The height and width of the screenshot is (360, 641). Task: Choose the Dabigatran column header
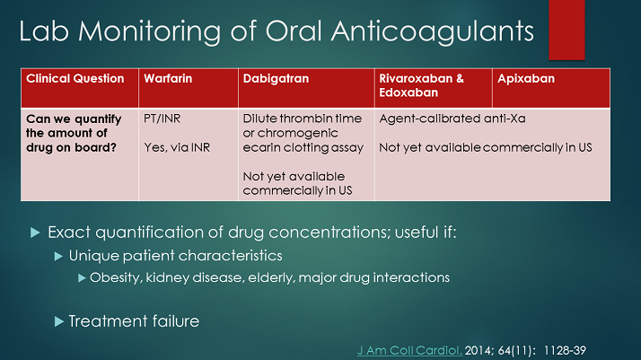click(275, 79)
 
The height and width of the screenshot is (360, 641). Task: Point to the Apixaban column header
click(527, 79)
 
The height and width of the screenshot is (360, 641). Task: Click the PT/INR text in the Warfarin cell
click(162, 118)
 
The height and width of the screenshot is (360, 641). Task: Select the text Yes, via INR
click(177, 147)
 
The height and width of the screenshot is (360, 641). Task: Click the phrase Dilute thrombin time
click(303, 118)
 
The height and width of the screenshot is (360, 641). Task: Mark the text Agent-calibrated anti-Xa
click(445, 118)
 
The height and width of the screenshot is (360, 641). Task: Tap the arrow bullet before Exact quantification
click(36, 233)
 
